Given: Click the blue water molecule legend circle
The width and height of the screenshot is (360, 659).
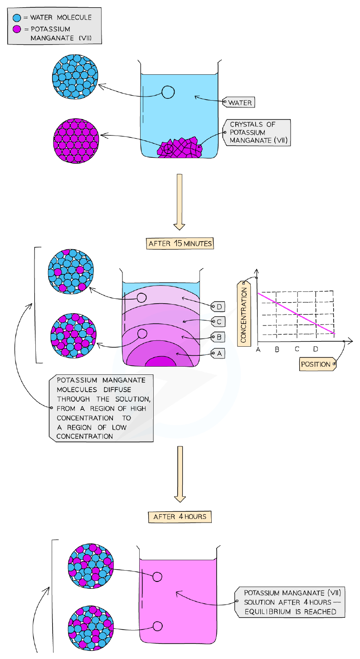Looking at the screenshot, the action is (x=17, y=18).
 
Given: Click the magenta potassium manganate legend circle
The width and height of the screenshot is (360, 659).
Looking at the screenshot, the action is (x=17, y=29).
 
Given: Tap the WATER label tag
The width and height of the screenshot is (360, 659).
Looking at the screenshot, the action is (x=238, y=102).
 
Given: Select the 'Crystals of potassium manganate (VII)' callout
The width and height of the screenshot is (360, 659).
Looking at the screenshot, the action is (x=257, y=133).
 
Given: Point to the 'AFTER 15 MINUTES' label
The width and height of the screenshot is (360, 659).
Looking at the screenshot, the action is (x=180, y=243).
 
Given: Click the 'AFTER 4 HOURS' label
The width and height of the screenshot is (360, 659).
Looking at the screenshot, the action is (x=180, y=517).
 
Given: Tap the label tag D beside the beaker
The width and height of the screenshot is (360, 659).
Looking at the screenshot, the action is (x=218, y=306).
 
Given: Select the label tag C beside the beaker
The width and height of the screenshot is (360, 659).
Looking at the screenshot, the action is (x=218, y=321).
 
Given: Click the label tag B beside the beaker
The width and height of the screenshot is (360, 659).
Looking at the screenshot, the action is (x=218, y=337).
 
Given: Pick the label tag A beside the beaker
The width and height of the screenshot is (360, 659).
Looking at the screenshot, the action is (x=218, y=354).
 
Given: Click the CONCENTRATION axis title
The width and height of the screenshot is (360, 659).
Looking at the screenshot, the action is (x=244, y=314).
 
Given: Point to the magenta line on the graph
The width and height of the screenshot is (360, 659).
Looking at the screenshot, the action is (x=297, y=313).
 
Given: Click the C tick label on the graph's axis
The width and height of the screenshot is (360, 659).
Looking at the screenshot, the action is (x=297, y=349).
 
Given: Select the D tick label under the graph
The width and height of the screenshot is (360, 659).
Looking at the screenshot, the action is (x=316, y=349).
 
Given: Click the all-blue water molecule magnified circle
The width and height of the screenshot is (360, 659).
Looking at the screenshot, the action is (x=75, y=77).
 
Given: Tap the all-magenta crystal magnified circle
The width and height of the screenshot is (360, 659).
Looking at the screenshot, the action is (x=76, y=141).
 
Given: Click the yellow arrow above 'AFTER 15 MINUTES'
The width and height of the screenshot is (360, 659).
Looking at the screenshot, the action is (x=179, y=202).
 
